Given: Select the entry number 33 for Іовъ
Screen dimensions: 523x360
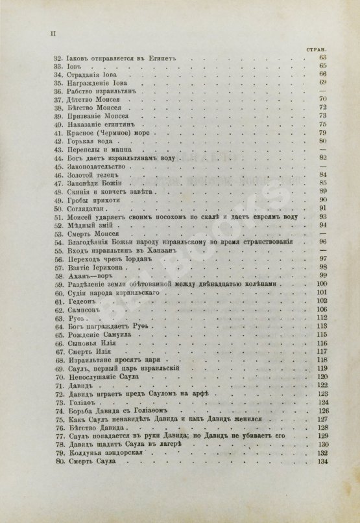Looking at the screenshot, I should click(56, 67).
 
